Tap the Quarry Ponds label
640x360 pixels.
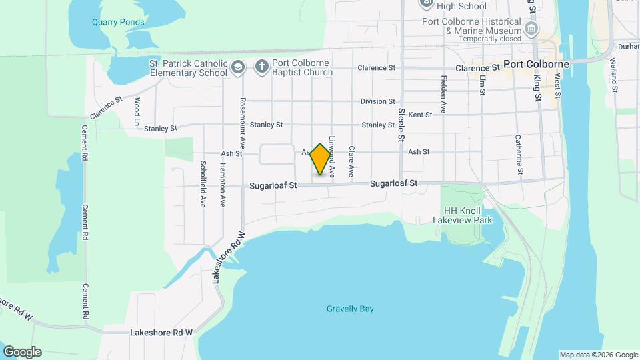pyautogui.click(x=118, y=22)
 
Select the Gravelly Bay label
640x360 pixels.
pyautogui.click(x=350, y=309)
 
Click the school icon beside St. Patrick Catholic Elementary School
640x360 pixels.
pyautogui.click(x=238, y=67)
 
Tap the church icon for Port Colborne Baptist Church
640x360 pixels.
pyautogui.click(x=261, y=67)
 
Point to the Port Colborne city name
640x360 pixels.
pyautogui.click(x=536, y=65)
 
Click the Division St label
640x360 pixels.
pyautogui.click(x=377, y=101)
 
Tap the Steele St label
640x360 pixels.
pyautogui.click(x=401, y=125)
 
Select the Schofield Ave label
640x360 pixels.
pyautogui.click(x=203, y=183)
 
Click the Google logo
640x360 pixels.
pyautogui.click(x=22, y=352)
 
